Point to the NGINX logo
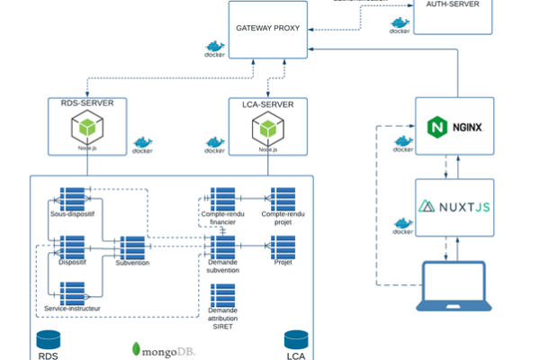454,127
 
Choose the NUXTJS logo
454,206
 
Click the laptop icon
454,285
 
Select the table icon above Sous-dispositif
72,198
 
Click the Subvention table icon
132,247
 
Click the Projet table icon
283,246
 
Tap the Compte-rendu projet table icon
283,197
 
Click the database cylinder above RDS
48,338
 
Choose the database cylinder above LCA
295,338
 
